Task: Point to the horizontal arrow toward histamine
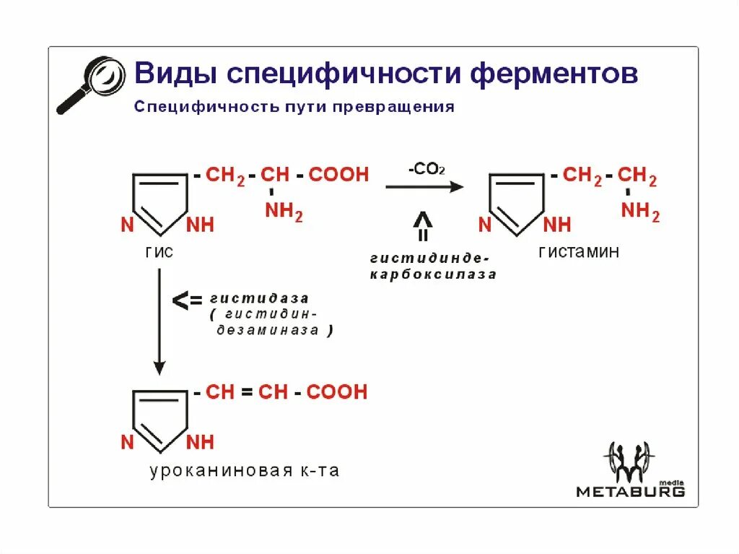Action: pyautogui.click(x=424, y=187)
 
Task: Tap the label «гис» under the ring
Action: pyautogui.click(x=160, y=253)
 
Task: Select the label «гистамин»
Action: pyautogui.click(x=578, y=252)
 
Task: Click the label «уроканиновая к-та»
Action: pyautogui.click(x=245, y=471)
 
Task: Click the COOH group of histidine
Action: pyautogui.click(x=338, y=175)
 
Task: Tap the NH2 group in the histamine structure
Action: pyautogui.click(x=640, y=212)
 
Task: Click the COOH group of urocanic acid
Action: pyautogui.click(x=337, y=392)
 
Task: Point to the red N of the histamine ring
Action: pyautogui.click(x=485, y=225)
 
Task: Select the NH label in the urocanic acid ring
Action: pyautogui.click(x=201, y=442)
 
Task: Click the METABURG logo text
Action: pyautogui.click(x=630, y=492)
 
